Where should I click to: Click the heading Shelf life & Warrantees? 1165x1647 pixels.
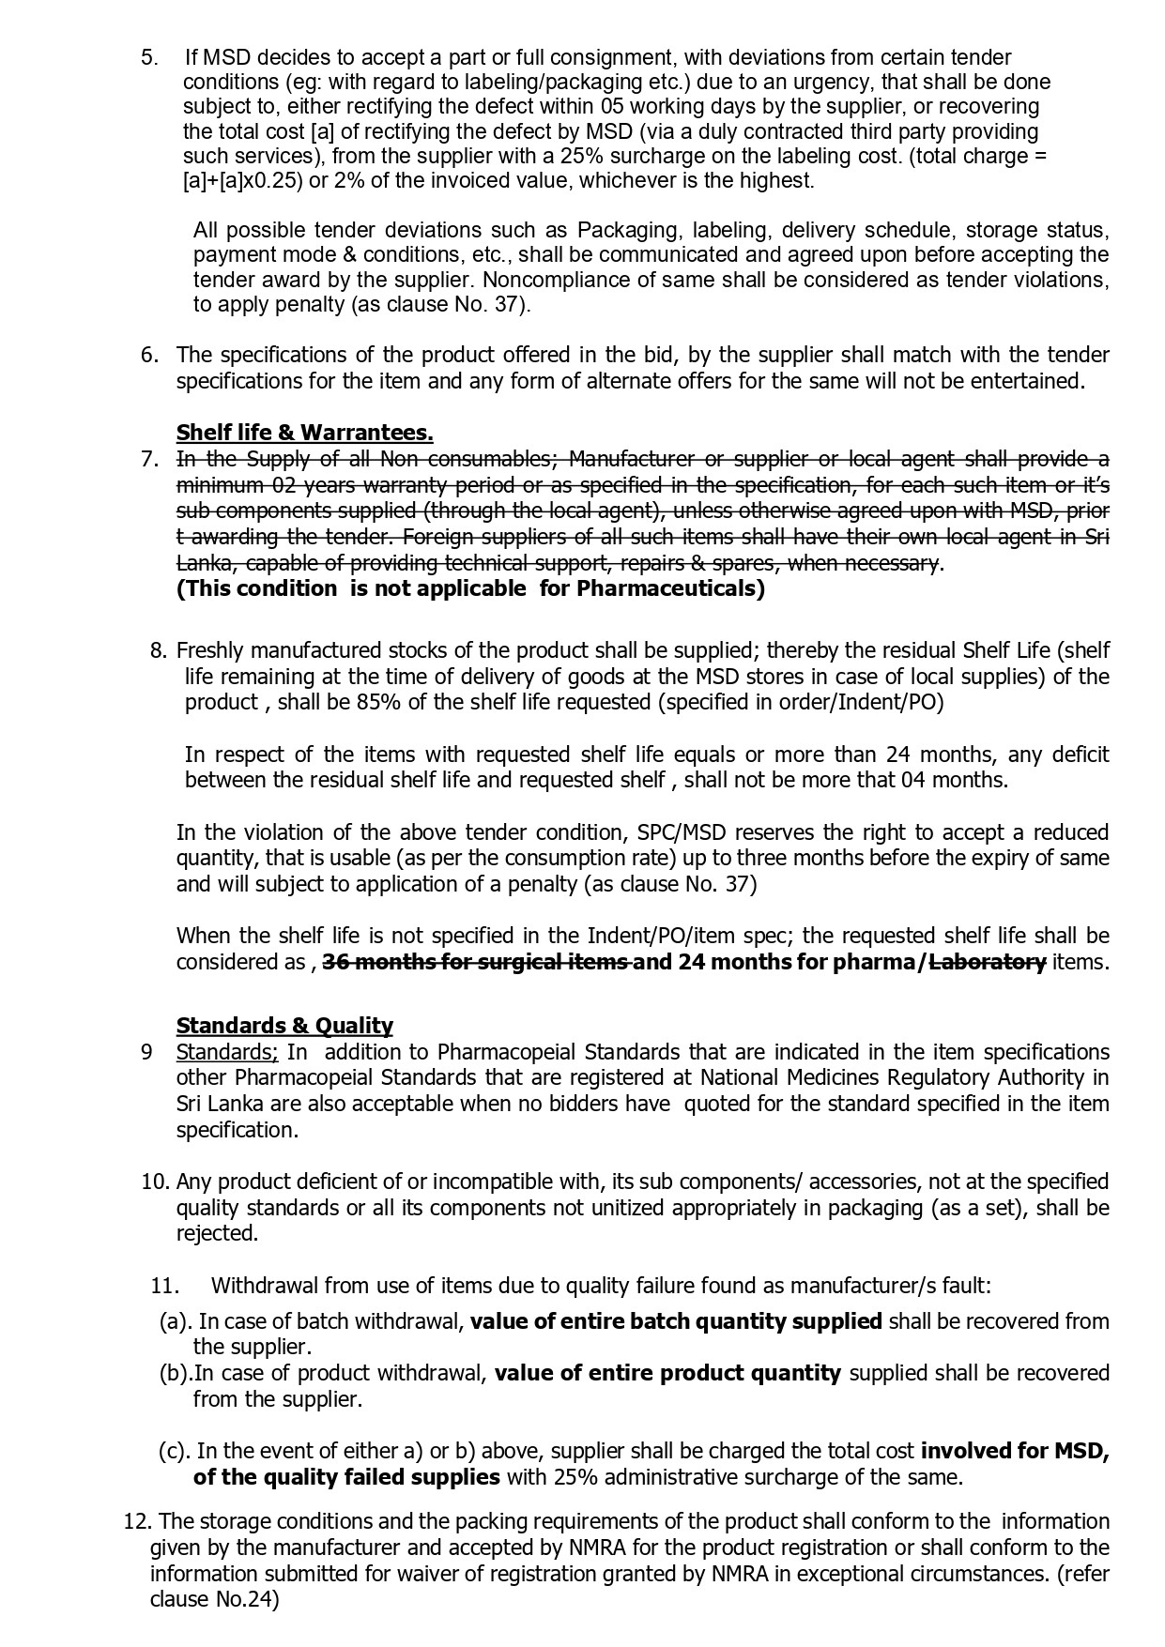304,433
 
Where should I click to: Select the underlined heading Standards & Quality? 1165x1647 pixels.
284,1026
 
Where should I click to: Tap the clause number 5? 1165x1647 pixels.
149,57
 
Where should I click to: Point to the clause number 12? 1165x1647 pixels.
135,1521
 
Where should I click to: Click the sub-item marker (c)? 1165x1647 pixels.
174,1451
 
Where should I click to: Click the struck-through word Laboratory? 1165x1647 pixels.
988,962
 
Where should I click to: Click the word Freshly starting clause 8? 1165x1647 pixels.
211,650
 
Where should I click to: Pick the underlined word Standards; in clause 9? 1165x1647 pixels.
226,1052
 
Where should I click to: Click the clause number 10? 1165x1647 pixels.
155,1182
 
